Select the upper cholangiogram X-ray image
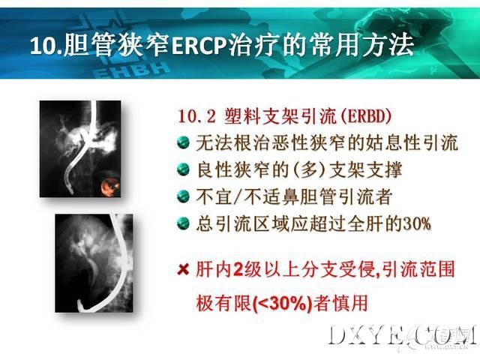click(80, 148)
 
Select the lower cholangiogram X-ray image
click(94, 263)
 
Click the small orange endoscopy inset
click(110, 183)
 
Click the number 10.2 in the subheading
click(196, 117)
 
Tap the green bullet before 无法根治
click(183, 142)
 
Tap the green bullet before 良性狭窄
click(183, 169)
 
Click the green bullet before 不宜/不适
click(183, 196)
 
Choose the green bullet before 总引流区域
click(183, 223)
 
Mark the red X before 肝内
click(183, 270)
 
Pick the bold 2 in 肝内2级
click(238, 270)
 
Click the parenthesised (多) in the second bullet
click(310, 169)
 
